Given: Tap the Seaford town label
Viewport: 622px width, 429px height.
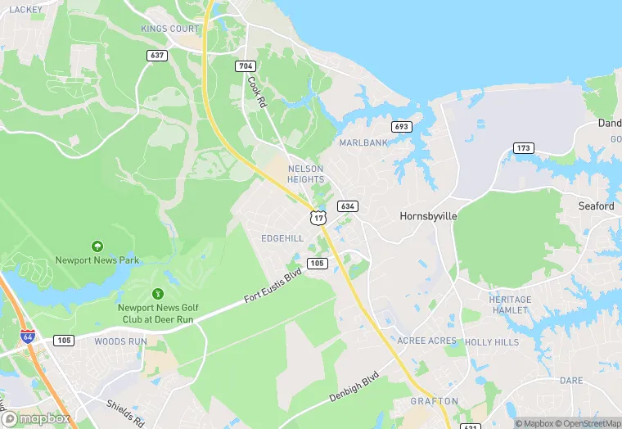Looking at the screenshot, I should [596, 206].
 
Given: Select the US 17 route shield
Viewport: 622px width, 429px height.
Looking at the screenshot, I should [318, 217].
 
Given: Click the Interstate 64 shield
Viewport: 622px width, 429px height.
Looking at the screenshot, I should [28, 336].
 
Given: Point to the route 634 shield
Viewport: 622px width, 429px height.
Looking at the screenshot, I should [347, 206].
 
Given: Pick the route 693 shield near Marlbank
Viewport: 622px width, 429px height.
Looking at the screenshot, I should [401, 126].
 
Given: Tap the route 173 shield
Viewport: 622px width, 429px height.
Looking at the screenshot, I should [524, 148].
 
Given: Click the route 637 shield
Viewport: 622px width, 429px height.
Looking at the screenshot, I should [158, 55].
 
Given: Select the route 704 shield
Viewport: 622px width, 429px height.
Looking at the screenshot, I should [245, 66].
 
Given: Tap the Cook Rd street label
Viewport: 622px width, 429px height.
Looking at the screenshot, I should [257, 93].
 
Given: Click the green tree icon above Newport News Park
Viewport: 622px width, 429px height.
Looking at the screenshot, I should [97, 246].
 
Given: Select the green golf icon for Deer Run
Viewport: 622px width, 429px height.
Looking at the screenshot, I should [158, 293].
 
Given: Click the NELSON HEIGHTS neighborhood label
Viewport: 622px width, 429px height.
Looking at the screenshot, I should [306, 174].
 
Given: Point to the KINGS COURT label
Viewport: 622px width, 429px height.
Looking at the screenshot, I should [169, 29].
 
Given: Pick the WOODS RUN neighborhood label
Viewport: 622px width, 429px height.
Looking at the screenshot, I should [120, 341].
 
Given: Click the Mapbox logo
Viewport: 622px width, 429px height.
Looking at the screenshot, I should [36, 418].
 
